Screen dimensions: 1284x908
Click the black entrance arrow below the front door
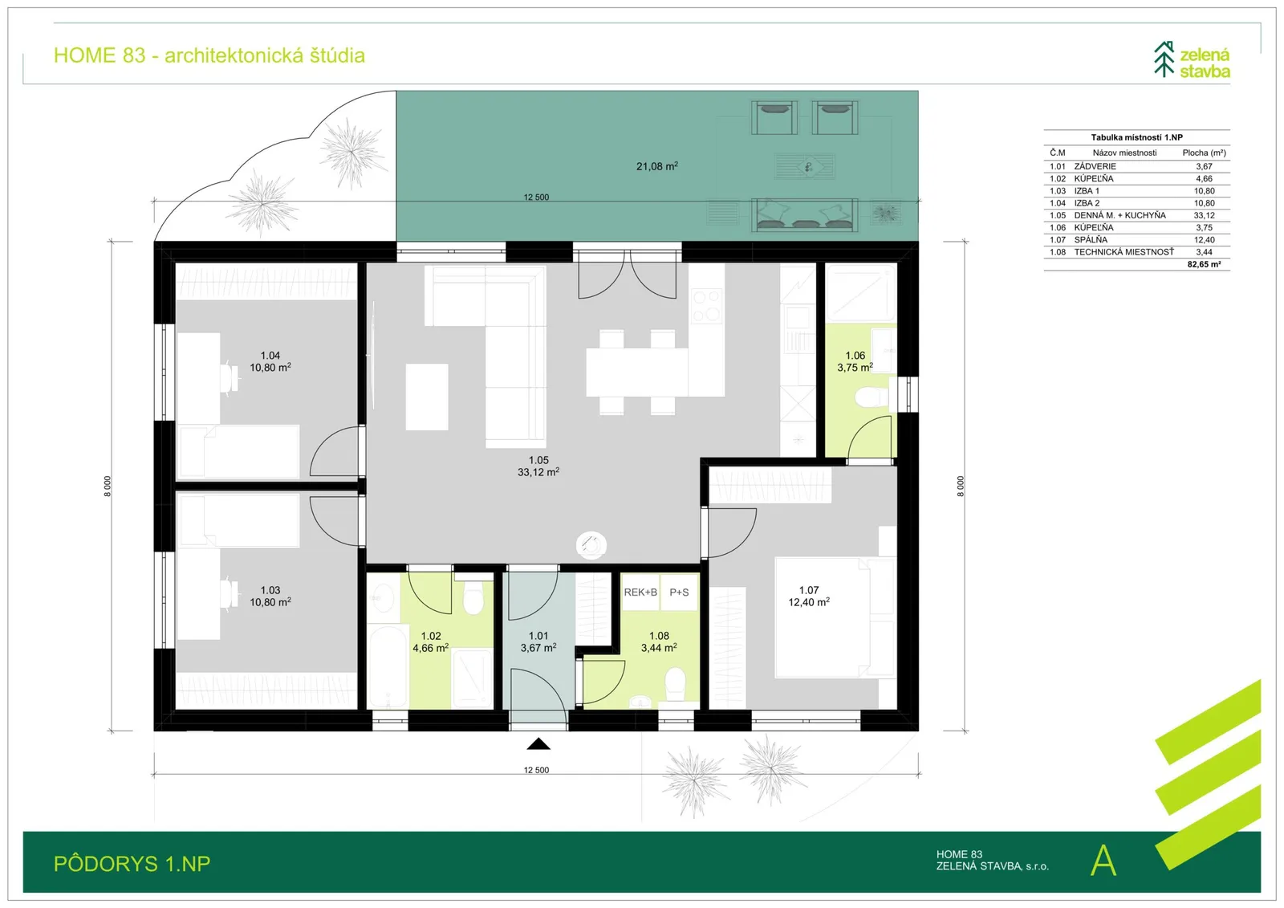538,744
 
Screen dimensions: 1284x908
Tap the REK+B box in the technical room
640,592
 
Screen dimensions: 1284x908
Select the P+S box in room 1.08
679,592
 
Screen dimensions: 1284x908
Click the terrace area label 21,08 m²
657,166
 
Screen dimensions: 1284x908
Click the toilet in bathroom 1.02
473,597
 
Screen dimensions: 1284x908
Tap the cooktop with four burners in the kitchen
706,306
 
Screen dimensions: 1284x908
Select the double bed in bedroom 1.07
834,617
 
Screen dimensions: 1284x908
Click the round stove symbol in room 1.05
591,545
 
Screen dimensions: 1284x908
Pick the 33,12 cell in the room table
1204,215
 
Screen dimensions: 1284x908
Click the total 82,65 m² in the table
1204,264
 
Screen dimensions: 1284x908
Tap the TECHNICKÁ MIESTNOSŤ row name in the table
1123,252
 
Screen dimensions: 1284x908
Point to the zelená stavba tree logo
1164,59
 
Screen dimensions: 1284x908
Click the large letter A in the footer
1103,861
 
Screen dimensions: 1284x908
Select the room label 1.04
270,356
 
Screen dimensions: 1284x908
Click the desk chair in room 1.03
230,593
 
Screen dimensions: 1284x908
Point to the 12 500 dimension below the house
536,770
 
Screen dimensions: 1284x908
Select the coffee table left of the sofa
427,397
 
